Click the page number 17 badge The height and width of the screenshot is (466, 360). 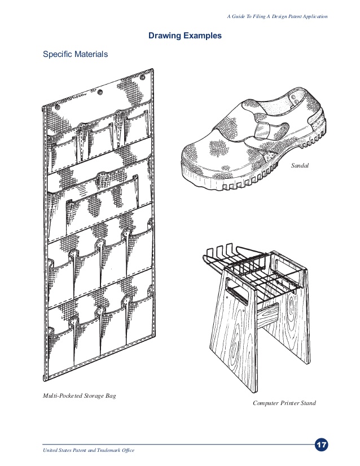tap(322, 445)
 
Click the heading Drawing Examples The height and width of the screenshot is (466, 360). tap(185, 36)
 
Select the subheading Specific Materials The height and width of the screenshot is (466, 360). tap(76, 55)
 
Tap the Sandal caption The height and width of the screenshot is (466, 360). tap(300, 165)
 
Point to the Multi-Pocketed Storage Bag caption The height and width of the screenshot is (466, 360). tap(80, 396)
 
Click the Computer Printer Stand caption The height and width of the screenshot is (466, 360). tap(284, 403)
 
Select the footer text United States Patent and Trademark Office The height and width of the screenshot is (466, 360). tap(89, 450)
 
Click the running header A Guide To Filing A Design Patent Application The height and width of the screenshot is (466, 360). tap(277, 16)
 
